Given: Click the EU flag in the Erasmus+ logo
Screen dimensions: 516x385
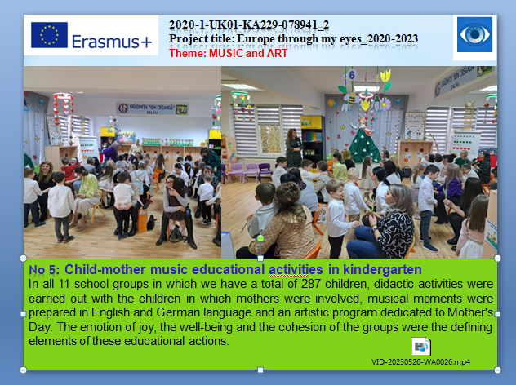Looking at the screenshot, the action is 49,35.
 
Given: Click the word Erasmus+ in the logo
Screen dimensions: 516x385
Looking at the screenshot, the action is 112,42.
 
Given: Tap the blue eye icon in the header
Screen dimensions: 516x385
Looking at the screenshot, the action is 474,34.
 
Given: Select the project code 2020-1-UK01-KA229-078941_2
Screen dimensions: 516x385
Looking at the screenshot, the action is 249,24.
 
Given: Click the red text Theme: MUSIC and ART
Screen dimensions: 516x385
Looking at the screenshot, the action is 229,53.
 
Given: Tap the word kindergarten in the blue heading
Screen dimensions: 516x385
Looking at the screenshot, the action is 382,270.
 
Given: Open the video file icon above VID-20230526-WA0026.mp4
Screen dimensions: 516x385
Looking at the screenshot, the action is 421,346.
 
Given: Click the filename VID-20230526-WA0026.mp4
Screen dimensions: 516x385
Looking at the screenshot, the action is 421,362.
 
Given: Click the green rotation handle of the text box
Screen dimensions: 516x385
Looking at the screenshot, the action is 260,238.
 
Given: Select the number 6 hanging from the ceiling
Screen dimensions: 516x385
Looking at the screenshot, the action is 352,75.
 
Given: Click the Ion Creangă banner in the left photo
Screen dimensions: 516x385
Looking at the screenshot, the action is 152,108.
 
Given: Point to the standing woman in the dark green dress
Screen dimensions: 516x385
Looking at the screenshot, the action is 293,148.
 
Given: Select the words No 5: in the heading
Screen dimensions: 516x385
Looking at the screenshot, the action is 44,270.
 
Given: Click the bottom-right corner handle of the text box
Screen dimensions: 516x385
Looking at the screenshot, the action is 497,370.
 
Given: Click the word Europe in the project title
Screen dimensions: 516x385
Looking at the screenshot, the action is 256,39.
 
